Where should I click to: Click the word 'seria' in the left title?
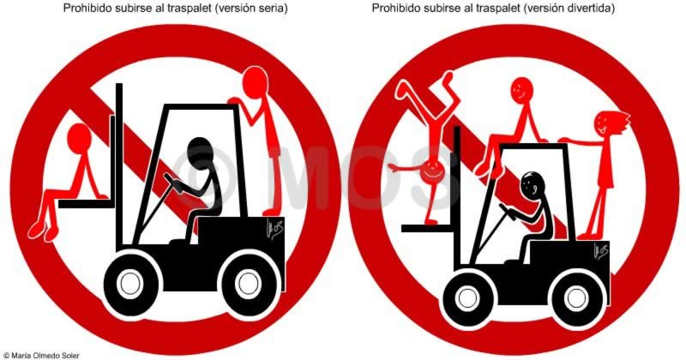pos(273,9)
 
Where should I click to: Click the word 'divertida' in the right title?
pos(592,9)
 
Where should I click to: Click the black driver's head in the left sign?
pos(201,153)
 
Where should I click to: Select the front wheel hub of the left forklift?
pos(130,283)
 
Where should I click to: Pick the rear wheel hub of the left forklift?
pos(248,285)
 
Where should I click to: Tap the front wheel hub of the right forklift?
pos(467,298)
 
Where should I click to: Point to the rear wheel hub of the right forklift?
pos(575,299)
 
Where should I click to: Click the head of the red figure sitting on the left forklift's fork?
pos(79,137)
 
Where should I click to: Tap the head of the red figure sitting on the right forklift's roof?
pos(522,91)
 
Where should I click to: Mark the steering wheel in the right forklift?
pos(507,212)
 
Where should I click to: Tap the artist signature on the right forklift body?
pos(601,251)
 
